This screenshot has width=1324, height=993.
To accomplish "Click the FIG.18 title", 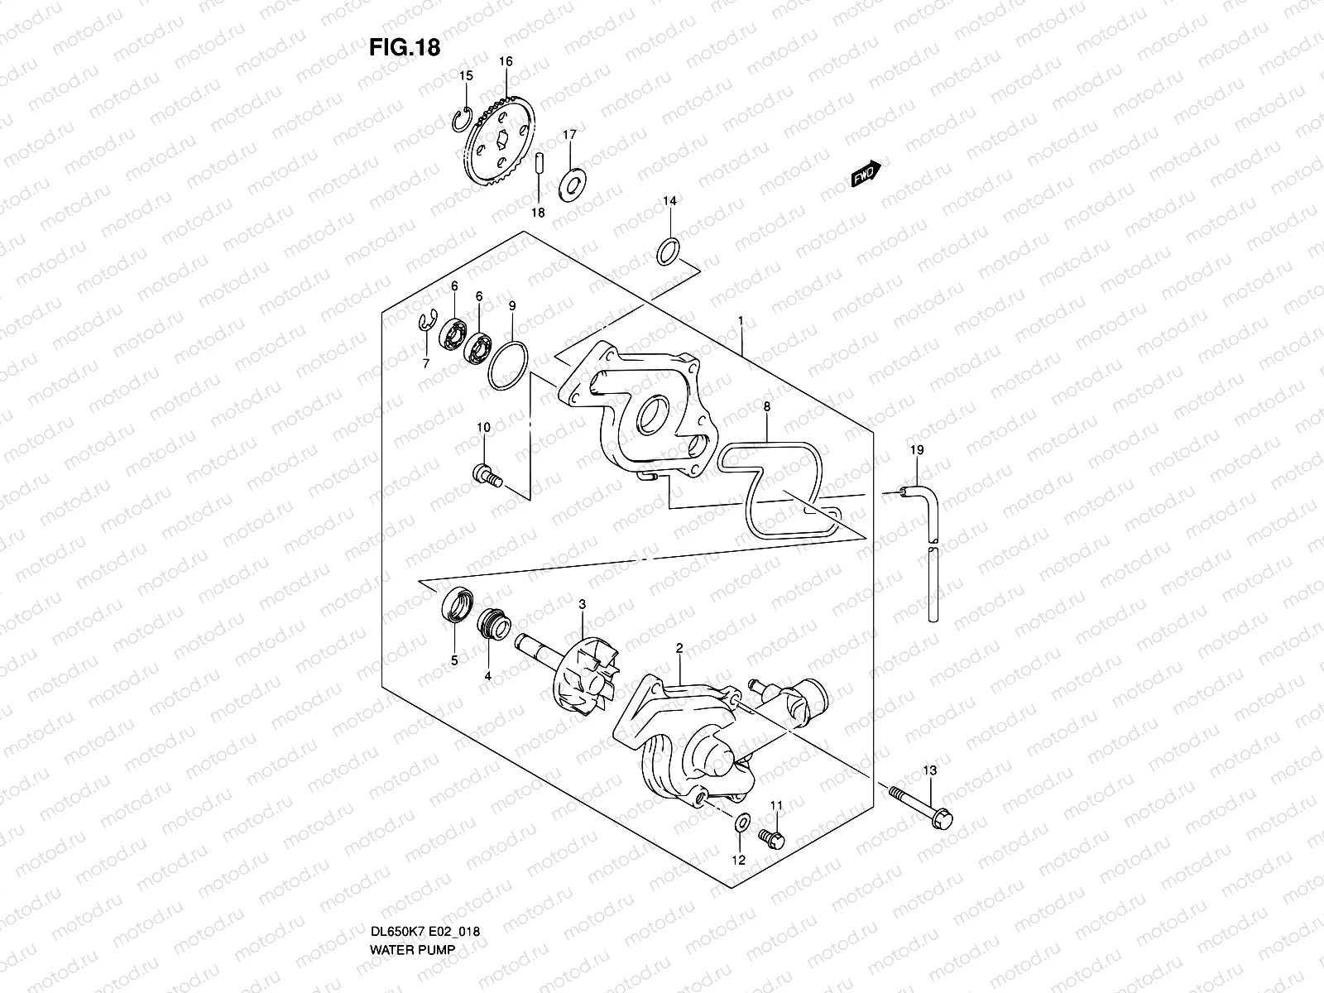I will point(404,48).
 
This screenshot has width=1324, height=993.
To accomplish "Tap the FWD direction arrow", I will point(865,173).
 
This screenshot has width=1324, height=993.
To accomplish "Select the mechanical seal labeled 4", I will point(494,623).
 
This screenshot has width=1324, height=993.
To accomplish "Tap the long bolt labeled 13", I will point(923,807).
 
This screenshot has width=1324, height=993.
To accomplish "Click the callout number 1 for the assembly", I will point(741,319).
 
